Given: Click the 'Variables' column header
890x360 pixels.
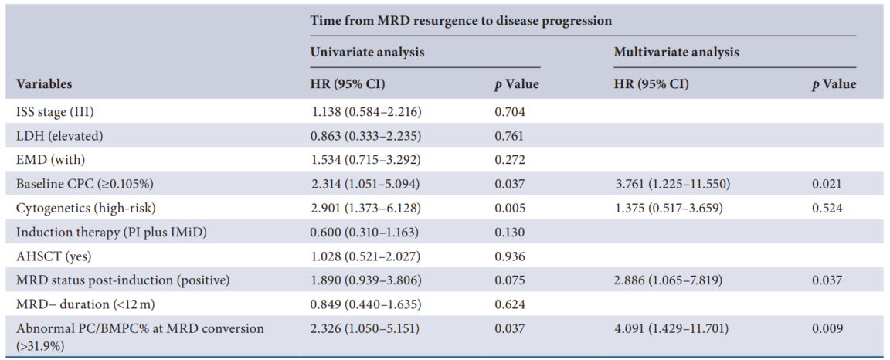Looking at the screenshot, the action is [x=44, y=85].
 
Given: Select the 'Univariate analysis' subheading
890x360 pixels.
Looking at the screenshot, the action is [x=368, y=53].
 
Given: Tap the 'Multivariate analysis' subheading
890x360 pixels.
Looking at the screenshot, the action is [x=677, y=53].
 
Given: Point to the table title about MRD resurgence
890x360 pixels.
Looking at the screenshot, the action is [x=461, y=21].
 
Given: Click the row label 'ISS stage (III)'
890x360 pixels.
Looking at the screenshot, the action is [x=55, y=112].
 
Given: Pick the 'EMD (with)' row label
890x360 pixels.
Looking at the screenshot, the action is [x=48, y=160].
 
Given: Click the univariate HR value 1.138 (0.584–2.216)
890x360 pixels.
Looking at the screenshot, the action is [x=367, y=112].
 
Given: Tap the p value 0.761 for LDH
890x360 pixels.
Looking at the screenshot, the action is [x=510, y=136].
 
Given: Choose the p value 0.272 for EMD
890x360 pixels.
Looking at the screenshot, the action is [x=510, y=160].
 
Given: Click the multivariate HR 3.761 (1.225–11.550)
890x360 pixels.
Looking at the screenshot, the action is [x=673, y=185].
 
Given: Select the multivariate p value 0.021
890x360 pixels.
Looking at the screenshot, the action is [x=827, y=185].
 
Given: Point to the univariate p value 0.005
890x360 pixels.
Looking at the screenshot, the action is [x=510, y=209].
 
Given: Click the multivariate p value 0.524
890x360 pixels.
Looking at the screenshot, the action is [x=827, y=209].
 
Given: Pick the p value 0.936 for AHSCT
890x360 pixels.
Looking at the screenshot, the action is [x=510, y=256].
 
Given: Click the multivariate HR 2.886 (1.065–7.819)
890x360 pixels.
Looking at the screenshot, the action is [x=669, y=281].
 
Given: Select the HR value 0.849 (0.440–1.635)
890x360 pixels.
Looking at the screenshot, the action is [x=367, y=305].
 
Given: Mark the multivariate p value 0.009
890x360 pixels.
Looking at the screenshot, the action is [x=827, y=329].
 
